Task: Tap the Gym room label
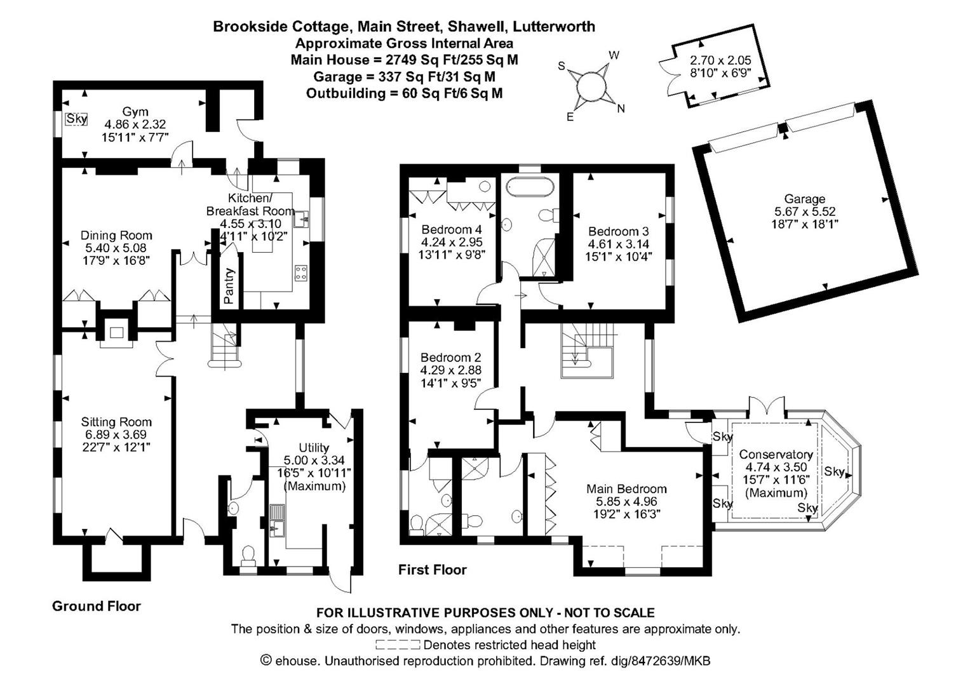pos(135,112)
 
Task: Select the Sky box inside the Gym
pos(77,119)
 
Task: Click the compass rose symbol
pos(591,87)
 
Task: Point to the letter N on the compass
pos(621,109)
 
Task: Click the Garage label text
pos(804,199)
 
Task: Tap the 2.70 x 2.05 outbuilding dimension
pos(720,60)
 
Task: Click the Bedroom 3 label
pos(618,231)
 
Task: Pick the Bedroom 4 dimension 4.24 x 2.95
pos(452,242)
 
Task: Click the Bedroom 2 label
pos(450,357)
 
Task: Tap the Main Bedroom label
pos(626,488)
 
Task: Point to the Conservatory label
pos(776,454)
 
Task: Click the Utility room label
pos(314,447)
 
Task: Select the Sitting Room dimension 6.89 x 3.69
pos(116,434)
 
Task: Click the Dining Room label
pos(116,235)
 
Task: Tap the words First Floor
pos(432,570)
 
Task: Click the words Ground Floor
pos(97,606)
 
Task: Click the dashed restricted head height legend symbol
pos(398,645)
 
